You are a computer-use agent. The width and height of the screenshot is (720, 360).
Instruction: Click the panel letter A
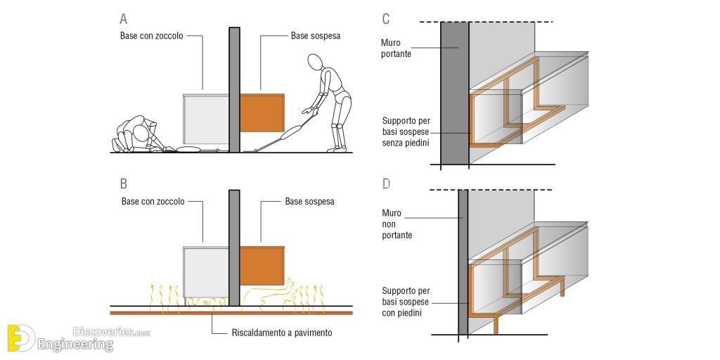pyautogui.click(x=124, y=19)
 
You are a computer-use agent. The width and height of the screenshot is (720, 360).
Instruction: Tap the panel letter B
pyautogui.click(x=124, y=184)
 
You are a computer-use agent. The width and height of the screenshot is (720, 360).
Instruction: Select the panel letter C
pyautogui.click(x=386, y=19)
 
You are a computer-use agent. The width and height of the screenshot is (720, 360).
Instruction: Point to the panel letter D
pyautogui.click(x=386, y=184)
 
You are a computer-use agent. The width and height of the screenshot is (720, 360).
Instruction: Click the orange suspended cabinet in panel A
pyautogui.click(x=262, y=113)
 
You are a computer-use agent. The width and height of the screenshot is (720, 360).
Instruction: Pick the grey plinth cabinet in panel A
pyautogui.click(x=206, y=120)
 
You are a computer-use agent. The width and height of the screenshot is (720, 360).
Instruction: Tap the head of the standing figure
pyautogui.click(x=316, y=62)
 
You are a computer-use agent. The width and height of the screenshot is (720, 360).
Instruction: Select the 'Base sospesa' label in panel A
pyautogui.click(x=316, y=36)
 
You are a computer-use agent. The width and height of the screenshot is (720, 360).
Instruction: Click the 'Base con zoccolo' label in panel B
pyautogui.click(x=153, y=201)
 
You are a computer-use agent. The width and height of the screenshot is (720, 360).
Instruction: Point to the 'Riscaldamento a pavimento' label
pyautogui.click(x=281, y=333)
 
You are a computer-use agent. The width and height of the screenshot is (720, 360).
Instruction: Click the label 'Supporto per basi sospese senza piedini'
pyautogui.click(x=406, y=132)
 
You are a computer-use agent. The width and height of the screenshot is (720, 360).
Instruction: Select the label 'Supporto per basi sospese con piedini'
pyautogui.click(x=406, y=302)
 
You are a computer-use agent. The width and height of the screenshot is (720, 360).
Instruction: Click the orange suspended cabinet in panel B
pyautogui.click(x=262, y=266)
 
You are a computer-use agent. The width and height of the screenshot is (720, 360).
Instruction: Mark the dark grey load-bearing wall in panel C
pyautogui.click(x=455, y=93)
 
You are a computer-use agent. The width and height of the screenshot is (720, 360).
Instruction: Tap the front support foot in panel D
pyautogui.click(x=496, y=325)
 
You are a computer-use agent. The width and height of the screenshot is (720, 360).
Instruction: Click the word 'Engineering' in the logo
pyautogui.click(x=75, y=345)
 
